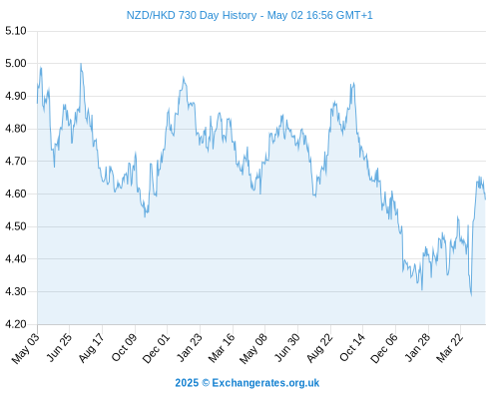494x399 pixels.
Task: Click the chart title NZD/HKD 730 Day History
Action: (x=192, y=15)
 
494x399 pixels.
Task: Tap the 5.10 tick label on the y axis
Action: (x=16, y=31)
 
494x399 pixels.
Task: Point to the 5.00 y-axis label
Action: (x=16, y=63)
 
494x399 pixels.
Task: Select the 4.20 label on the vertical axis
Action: (x=16, y=324)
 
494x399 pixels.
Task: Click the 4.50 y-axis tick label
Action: (x=16, y=226)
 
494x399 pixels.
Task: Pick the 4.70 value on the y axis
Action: (x=16, y=162)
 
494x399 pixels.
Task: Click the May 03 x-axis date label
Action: (x=26, y=348)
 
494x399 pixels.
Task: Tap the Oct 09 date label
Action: (x=124, y=348)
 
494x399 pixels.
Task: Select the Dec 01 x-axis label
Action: (x=156, y=348)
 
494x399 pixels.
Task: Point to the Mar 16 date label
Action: (x=222, y=348)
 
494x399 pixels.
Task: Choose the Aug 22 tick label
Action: (x=319, y=348)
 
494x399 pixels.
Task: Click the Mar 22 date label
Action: (x=449, y=348)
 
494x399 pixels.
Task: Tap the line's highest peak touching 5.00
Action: (x=81, y=63)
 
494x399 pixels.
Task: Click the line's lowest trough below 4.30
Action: (x=471, y=295)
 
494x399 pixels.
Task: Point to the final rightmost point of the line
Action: (x=486, y=199)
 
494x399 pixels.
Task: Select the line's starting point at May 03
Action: (x=37, y=103)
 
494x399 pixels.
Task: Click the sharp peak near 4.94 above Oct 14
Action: (x=353, y=83)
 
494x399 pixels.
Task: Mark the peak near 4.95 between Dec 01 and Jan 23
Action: (x=183, y=78)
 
